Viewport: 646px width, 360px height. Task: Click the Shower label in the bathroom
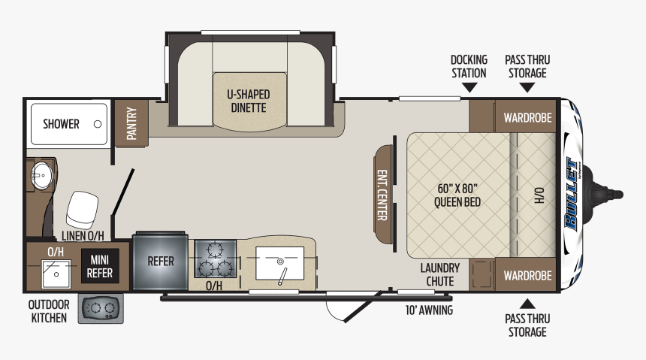61,124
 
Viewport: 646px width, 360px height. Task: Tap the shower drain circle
98,124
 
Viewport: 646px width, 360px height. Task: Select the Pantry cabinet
131,123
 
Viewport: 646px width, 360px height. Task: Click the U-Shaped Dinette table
249,101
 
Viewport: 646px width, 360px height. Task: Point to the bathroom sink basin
41,176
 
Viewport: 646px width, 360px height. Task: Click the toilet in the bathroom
82,210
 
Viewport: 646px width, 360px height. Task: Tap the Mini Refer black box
100,266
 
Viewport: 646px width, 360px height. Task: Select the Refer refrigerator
160,262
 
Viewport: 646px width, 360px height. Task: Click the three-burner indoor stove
215,259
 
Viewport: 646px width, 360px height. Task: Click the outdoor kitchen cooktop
101,308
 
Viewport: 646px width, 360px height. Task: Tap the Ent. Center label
382,195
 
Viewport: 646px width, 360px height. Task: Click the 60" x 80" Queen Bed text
457,195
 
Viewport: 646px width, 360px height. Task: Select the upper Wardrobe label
527,117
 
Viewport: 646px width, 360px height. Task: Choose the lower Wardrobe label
527,275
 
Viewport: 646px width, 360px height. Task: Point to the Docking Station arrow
469,87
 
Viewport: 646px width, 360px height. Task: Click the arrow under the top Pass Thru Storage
527,87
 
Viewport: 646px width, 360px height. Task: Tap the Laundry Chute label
440,274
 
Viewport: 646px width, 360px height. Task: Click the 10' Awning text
429,310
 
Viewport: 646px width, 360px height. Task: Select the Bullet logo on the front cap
572,194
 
